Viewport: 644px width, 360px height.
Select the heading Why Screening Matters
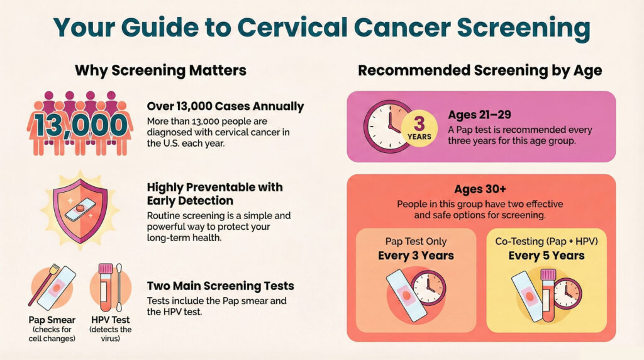(160, 70)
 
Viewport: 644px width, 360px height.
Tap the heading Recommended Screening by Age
(480, 70)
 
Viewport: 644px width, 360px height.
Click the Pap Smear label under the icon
(52, 320)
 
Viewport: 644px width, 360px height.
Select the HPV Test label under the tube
(111, 320)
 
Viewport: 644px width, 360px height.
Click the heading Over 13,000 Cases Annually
(225, 106)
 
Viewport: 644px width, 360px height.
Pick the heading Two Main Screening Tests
(220, 286)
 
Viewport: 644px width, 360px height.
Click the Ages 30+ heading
(480, 189)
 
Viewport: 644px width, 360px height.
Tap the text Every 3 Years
(416, 256)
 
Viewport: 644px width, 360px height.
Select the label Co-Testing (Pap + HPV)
(546, 241)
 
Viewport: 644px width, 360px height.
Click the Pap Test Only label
(416, 242)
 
